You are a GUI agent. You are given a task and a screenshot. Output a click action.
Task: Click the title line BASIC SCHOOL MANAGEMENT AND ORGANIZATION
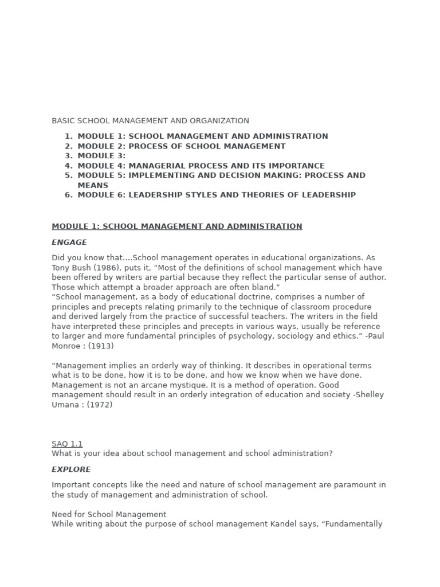[150, 121]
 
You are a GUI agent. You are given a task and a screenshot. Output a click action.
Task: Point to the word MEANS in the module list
[93, 185]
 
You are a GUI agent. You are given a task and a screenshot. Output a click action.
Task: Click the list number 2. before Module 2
[68, 146]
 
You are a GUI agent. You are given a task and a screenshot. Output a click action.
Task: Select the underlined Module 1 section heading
[176, 226]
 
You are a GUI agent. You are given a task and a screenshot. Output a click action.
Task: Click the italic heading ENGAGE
[69, 242]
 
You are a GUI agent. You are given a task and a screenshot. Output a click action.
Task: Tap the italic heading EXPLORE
[71, 469]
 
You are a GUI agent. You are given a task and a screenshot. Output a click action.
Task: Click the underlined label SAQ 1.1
[67, 444]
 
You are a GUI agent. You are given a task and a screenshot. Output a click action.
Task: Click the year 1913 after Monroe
[101, 346]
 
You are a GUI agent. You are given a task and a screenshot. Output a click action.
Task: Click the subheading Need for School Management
[109, 514]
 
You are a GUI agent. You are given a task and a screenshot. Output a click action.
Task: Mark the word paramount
[358, 485]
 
